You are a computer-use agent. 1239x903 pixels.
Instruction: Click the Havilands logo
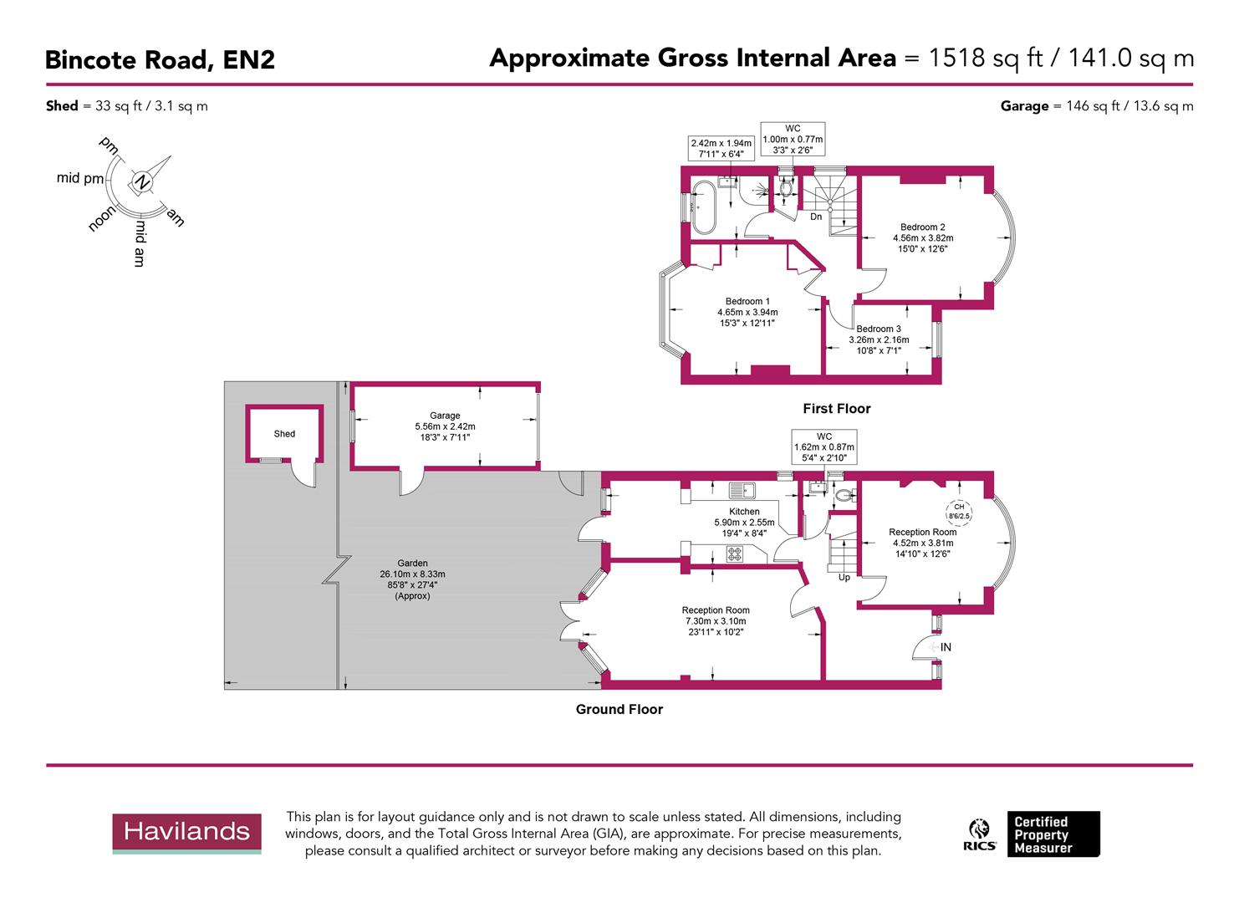point(186,833)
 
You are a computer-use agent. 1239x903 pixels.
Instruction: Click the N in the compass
point(142,182)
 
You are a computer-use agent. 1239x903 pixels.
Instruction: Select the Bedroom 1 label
point(747,302)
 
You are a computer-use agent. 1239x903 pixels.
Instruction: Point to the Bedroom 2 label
point(923,227)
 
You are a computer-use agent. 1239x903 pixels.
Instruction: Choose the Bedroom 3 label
point(879,329)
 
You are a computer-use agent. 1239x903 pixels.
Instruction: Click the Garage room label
point(445,416)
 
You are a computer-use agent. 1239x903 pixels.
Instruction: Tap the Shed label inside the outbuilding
point(284,434)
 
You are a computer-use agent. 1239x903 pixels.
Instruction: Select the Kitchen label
point(744,512)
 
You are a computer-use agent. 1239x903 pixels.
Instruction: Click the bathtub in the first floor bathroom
point(700,207)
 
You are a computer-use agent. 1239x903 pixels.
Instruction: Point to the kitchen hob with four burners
point(734,553)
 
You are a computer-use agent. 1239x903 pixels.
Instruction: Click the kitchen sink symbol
point(742,490)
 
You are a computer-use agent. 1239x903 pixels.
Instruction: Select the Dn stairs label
point(816,217)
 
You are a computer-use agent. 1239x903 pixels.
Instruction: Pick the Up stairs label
point(844,578)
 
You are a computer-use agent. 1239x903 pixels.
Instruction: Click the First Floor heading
point(836,409)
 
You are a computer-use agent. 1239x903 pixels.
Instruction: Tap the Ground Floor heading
point(619,710)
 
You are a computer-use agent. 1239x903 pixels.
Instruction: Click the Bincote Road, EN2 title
point(160,60)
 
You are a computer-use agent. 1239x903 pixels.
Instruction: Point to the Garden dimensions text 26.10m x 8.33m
point(412,574)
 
